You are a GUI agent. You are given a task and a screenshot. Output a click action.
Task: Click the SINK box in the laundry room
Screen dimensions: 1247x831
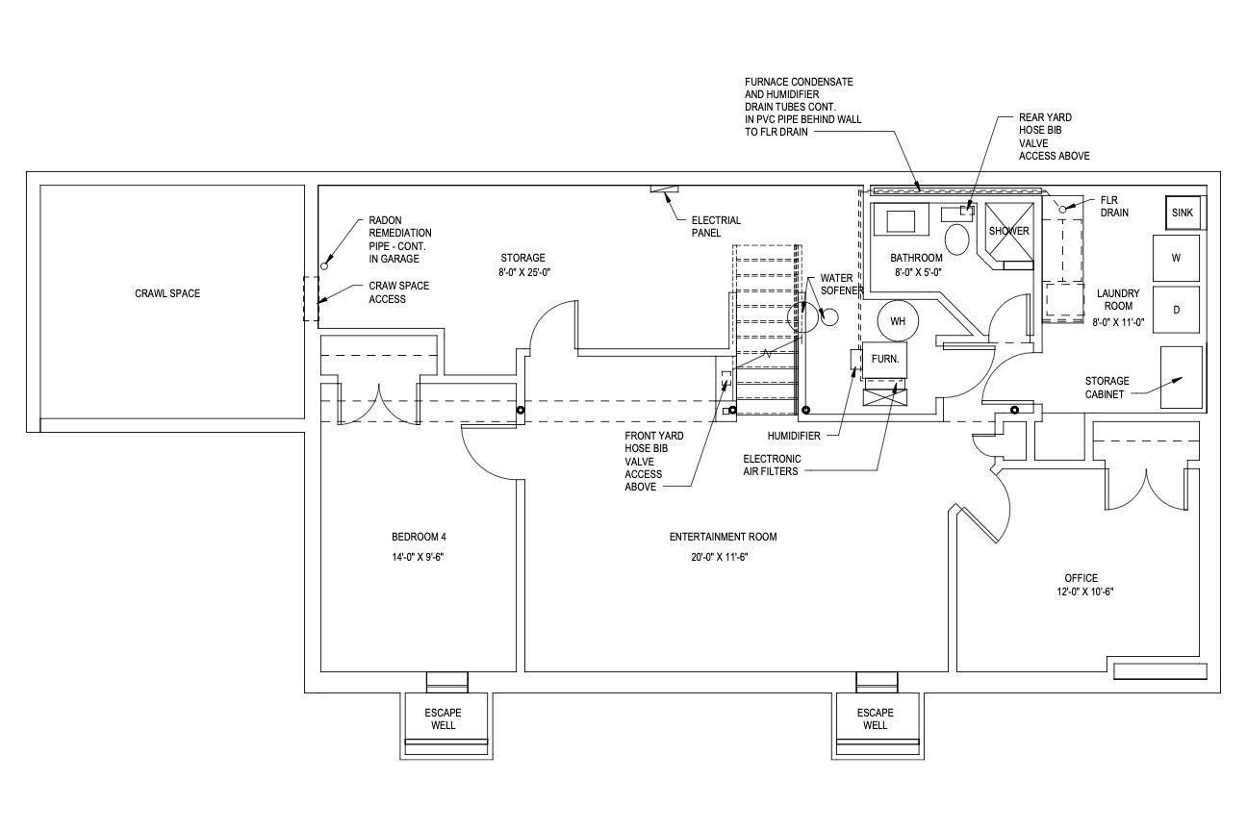[x=1183, y=212]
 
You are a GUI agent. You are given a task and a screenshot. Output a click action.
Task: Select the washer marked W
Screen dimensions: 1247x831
[x=1176, y=258]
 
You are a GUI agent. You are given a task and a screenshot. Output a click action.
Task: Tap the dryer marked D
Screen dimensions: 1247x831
[x=1176, y=310]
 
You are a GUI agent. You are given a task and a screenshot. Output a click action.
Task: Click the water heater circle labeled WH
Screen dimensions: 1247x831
[x=898, y=320]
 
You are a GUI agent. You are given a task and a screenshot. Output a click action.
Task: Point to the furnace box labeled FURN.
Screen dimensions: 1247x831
[x=884, y=360]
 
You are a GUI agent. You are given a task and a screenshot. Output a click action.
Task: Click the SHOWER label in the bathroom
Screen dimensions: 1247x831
[x=1008, y=231]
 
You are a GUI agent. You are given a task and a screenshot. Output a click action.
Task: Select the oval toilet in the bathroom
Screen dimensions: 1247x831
[x=957, y=239]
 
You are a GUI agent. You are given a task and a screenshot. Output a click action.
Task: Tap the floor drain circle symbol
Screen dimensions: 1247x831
[x=1062, y=210]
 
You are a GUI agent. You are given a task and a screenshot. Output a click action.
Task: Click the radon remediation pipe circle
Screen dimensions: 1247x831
[x=324, y=266]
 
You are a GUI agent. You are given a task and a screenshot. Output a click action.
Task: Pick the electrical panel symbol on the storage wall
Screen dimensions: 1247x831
[x=665, y=189]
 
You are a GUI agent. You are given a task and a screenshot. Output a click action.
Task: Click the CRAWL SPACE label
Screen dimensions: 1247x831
[x=167, y=293]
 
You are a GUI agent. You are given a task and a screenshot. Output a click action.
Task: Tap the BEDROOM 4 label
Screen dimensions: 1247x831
[x=419, y=537]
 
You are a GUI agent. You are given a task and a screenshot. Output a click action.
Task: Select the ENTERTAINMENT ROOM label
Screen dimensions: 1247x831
[x=724, y=537]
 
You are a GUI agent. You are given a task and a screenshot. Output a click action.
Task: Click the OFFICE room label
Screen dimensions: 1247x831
[x=1082, y=578]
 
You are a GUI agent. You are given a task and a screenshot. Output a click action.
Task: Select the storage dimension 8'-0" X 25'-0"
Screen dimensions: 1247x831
[x=524, y=273]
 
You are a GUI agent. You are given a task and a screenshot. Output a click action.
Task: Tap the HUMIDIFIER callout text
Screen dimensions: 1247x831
[x=794, y=436]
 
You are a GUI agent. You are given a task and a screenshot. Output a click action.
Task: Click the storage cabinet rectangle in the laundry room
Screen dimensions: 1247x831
[x=1181, y=377]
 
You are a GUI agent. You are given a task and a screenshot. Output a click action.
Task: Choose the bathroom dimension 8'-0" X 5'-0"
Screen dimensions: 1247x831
[x=918, y=273]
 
